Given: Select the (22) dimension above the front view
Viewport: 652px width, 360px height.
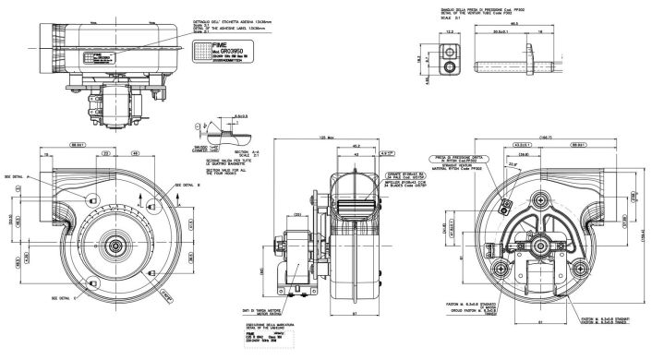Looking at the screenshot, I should click(x=106, y=152).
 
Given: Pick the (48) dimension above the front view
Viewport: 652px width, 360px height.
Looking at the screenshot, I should click(x=134, y=152).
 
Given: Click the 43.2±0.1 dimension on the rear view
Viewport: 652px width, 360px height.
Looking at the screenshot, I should click(x=522, y=145).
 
